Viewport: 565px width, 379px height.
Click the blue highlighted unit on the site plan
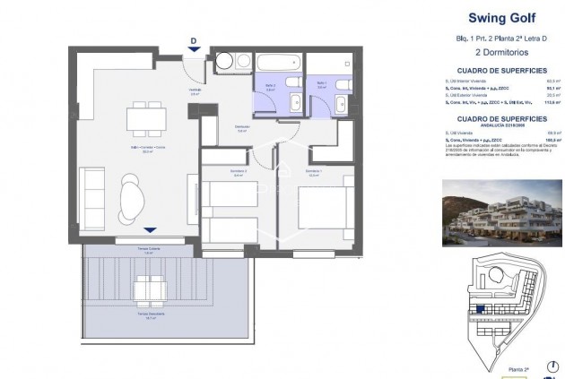click(x=482, y=309)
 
